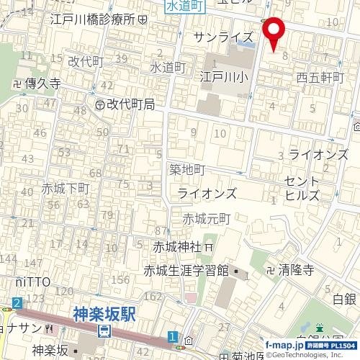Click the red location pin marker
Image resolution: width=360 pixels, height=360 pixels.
pos(274,32)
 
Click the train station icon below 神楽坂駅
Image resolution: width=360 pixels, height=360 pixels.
pos(105,331)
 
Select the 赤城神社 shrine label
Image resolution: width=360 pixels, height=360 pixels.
pos(176,246)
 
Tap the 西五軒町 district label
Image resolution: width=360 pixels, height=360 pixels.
pos(321,76)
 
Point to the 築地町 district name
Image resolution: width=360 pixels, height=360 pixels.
pos(187,170)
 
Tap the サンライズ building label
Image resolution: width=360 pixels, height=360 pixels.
pos(224,37)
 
